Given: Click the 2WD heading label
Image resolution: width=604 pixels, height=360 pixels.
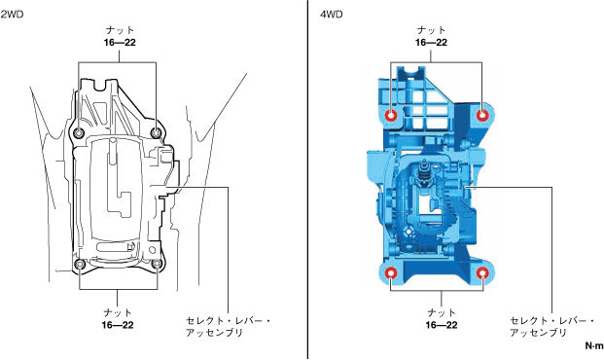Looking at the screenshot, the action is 12,15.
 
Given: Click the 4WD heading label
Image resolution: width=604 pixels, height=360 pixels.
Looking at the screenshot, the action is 332,15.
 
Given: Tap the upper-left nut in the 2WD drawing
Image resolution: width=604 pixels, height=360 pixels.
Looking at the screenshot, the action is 79,133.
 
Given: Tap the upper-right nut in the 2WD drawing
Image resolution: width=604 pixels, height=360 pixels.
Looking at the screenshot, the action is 156,133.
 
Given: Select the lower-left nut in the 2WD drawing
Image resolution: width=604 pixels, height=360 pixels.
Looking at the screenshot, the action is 80,264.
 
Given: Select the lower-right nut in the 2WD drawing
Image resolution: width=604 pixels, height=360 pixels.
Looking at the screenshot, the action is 158,264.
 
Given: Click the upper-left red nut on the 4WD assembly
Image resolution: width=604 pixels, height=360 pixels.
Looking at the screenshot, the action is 392,115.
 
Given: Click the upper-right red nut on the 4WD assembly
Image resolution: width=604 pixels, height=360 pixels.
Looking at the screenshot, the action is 482,115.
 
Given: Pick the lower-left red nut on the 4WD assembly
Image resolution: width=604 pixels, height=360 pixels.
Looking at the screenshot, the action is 391,273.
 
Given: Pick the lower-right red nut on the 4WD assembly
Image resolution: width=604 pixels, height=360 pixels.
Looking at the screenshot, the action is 482,273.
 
